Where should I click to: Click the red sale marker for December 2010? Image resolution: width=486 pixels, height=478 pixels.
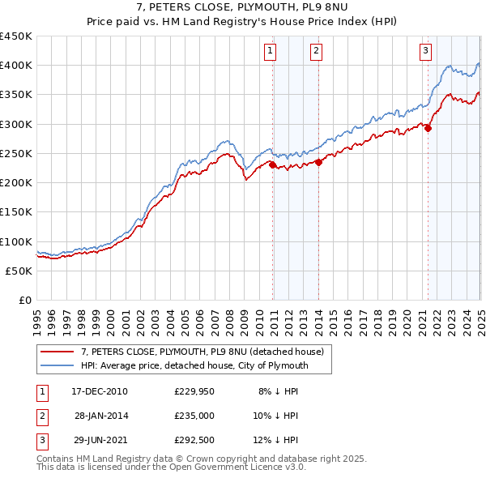273,165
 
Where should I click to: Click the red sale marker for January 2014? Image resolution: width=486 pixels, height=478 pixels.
319,162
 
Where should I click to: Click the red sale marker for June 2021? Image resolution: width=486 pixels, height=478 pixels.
428,127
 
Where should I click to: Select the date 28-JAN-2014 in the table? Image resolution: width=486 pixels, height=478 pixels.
101,416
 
